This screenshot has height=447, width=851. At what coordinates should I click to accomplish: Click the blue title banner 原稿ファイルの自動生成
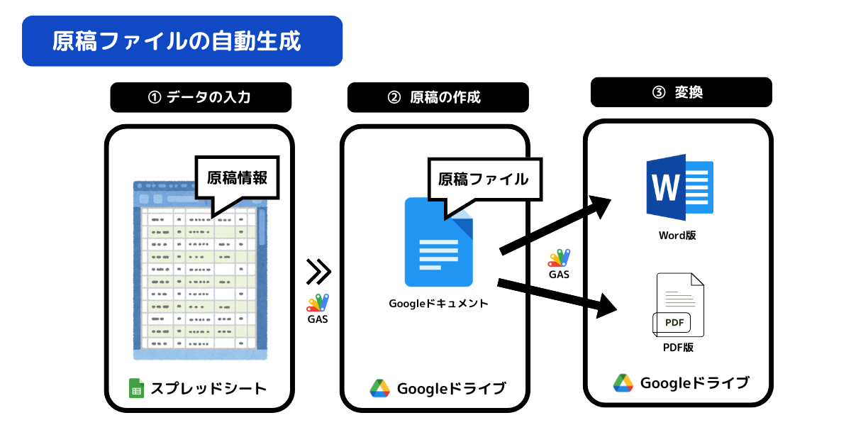[x=182, y=41]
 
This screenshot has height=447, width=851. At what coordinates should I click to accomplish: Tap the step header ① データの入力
[x=201, y=97]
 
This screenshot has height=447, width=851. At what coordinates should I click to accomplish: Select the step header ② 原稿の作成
[x=438, y=97]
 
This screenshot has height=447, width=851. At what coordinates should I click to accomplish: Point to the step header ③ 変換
[x=682, y=92]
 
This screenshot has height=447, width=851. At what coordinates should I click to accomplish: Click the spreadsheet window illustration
[x=200, y=270]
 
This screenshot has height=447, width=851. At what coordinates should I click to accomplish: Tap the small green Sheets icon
[x=136, y=388]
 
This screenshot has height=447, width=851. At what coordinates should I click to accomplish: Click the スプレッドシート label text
[x=209, y=389]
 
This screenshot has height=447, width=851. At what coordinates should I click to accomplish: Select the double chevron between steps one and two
[x=318, y=271]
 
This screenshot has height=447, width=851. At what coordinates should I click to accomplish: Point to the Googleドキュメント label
[x=438, y=304]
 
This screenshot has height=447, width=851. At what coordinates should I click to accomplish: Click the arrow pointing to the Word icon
[x=555, y=225]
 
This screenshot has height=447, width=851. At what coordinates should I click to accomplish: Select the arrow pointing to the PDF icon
[x=557, y=299]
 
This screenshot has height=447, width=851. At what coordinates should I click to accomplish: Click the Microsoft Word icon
[x=679, y=187]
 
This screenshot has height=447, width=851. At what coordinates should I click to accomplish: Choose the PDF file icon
[x=679, y=305]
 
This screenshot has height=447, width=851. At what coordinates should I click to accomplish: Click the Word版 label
[x=677, y=236]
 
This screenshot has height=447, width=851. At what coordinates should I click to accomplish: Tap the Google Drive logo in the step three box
[x=623, y=382]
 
